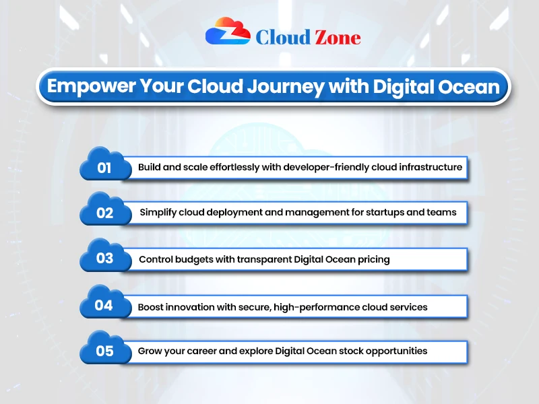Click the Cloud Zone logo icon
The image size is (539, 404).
227,34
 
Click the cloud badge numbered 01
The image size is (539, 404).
104,166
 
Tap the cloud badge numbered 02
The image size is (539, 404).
104,213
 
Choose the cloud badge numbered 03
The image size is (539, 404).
104,259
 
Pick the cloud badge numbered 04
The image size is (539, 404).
104,305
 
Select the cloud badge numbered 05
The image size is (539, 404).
104,351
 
